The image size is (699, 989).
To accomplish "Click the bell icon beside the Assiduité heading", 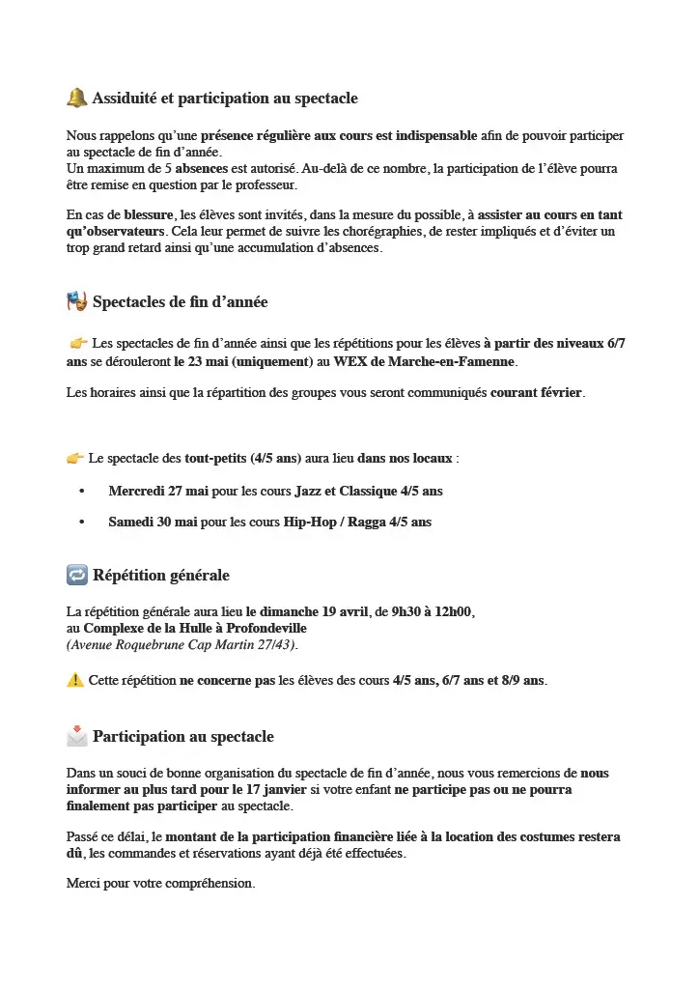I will [x=77, y=98].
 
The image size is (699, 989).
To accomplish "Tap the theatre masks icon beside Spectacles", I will [x=77, y=301].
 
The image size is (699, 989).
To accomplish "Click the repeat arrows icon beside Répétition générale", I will [x=77, y=575].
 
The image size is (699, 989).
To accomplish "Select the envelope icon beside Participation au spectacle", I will [x=77, y=736].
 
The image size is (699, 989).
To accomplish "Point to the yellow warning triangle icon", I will [x=75, y=680].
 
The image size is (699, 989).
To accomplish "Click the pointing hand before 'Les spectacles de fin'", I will [x=79, y=343].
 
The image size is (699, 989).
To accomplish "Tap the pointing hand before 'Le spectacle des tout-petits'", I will [x=75, y=457].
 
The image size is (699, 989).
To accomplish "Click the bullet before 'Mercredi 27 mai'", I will [x=83, y=492].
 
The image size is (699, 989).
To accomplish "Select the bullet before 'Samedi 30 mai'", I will [x=83, y=523].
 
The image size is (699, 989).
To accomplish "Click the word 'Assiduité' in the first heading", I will [x=126, y=99].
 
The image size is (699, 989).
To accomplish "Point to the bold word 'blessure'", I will [x=149, y=214].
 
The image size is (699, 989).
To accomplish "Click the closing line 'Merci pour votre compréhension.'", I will [x=160, y=884].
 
